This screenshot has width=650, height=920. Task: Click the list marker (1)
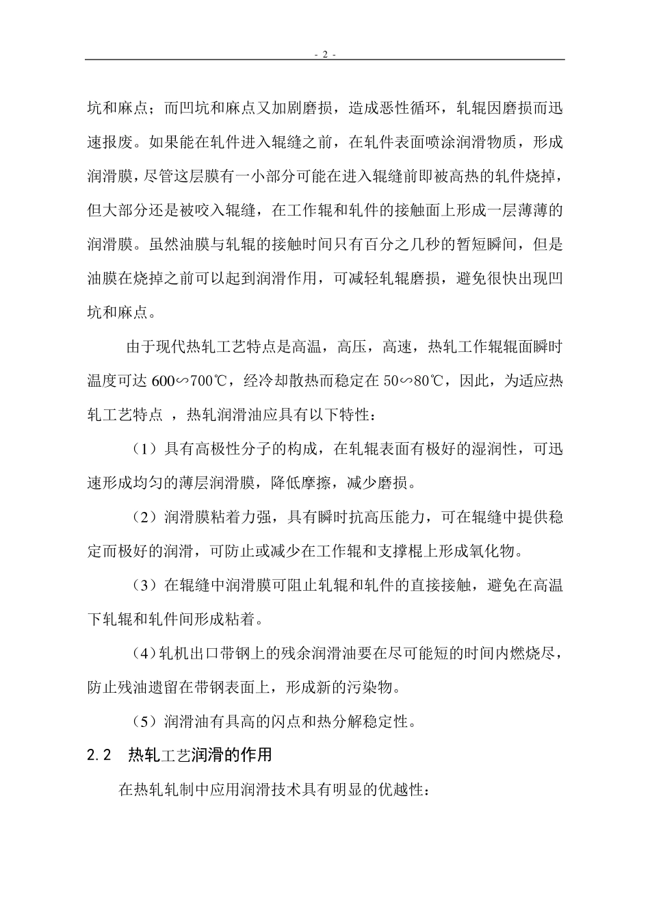click(x=144, y=450)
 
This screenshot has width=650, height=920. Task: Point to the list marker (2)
click(x=144, y=517)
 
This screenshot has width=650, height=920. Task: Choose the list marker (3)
click(x=144, y=586)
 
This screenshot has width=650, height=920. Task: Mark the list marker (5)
click(x=144, y=721)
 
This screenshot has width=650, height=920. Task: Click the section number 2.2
click(x=99, y=755)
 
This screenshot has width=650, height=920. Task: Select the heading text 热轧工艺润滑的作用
click(x=200, y=755)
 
